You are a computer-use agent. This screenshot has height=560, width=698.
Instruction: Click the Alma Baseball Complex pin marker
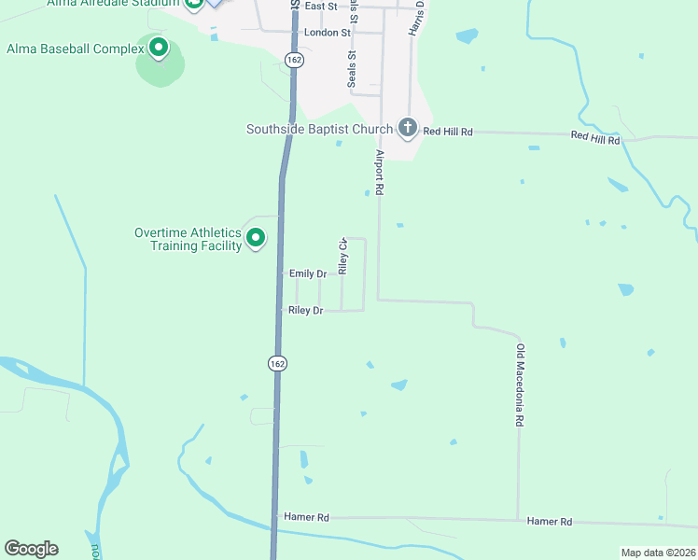tap(159, 47)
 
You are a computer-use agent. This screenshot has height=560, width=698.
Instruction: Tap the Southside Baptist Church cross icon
tap(407, 128)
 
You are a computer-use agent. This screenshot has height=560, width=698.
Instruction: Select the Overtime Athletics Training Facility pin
tap(256, 239)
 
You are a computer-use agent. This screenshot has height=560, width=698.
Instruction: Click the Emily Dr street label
tap(308, 273)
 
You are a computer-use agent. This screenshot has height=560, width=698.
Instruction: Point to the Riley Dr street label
tap(306, 310)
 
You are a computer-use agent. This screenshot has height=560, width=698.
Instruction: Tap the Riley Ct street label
tap(343, 257)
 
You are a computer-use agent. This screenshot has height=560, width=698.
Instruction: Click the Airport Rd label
tap(380, 172)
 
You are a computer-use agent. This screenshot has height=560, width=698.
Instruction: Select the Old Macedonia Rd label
tap(520, 385)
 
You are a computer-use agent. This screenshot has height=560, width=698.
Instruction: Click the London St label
tap(327, 32)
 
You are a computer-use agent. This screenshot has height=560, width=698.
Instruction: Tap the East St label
tap(320, 6)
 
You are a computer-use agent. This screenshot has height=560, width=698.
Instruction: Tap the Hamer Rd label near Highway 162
tap(308, 517)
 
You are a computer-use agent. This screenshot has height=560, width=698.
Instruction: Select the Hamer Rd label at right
tap(549, 522)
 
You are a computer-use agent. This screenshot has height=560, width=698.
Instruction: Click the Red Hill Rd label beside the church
tap(448, 133)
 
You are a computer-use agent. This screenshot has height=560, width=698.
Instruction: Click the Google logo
tap(31, 549)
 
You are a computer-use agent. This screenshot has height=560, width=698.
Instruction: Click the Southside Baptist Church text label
tap(319, 129)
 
